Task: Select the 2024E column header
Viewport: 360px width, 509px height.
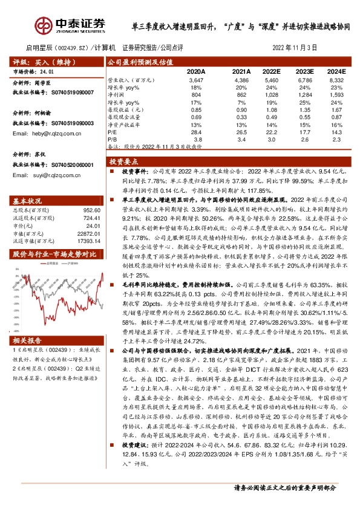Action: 335,71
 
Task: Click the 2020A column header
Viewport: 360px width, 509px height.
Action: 196,71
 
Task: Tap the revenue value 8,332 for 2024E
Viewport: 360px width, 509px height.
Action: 336,80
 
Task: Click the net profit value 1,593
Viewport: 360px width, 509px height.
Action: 336,95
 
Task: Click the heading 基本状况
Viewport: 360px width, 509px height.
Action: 28,201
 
